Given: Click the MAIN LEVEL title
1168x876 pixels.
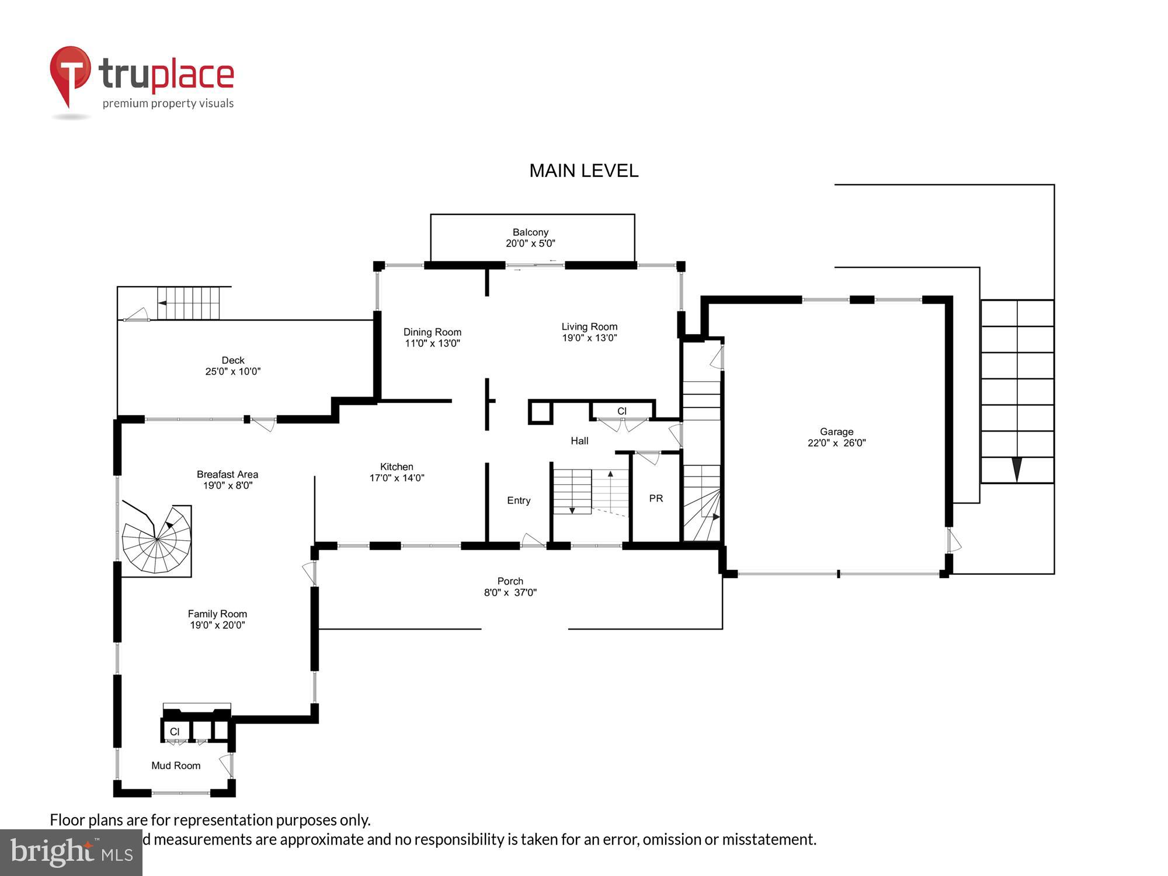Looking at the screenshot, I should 583,171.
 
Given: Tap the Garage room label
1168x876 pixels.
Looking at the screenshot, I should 836,432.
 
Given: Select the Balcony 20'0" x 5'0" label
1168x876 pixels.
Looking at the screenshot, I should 530,238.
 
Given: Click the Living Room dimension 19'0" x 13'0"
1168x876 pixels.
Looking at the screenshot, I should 589,338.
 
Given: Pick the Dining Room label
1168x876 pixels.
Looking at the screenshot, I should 432,332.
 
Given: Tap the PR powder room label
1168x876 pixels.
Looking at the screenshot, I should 656,498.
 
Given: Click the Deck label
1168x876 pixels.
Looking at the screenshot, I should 232,360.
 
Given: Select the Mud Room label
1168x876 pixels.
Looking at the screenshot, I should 176,766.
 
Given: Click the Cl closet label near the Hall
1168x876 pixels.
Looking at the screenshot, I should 622,411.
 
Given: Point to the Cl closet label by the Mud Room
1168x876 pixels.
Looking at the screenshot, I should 175,732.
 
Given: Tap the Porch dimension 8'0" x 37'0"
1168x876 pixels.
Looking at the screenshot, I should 510,592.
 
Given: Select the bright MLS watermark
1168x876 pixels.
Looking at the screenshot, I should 71,853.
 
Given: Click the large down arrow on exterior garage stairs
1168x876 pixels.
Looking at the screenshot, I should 1017,469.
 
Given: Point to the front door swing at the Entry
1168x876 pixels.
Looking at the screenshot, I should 532,540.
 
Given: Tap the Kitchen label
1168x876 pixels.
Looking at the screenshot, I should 397,467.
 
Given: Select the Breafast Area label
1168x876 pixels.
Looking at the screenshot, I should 227,474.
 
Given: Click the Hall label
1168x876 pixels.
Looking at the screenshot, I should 579,441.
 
